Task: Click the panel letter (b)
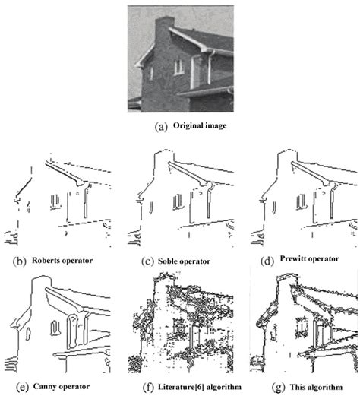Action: pyautogui.click(x=15, y=261)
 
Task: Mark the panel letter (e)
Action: pyautogui.click(x=14, y=386)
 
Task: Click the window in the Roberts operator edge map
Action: pyautogui.click(x=55, y=201)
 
